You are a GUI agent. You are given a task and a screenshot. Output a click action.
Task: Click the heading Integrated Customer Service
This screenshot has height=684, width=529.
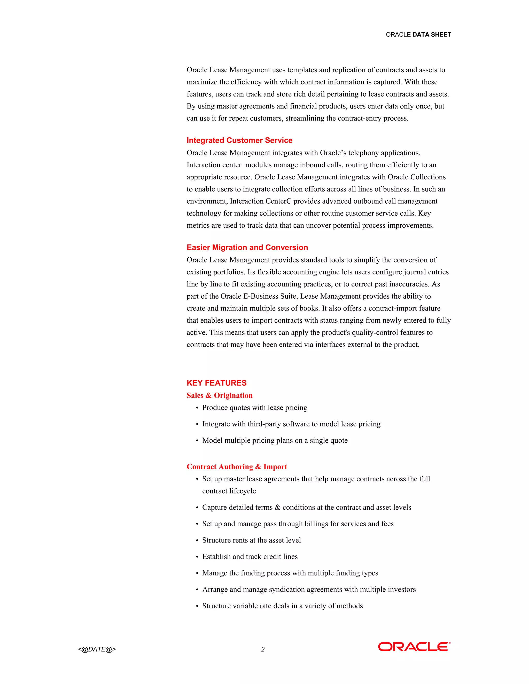coord(239,140)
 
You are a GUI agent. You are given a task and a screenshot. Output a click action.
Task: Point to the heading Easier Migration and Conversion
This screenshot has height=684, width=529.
coord(247,248)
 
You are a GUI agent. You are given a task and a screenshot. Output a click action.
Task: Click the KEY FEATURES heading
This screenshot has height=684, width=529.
coord(216,383)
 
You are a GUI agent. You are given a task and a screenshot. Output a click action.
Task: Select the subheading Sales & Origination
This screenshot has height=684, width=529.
coord(219,395)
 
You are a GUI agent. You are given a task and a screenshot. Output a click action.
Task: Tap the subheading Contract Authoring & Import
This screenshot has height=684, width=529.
coord(237,467)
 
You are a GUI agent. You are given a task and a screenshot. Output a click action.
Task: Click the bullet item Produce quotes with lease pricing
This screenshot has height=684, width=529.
coord(254,408)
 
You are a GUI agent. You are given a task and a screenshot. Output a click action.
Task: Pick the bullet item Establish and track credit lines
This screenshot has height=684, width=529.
coord(250,556)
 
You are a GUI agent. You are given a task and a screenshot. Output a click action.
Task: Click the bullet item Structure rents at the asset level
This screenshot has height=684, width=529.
coord(251,540)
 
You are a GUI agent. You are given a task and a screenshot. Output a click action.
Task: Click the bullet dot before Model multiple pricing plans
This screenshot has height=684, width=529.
coord(197,441)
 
